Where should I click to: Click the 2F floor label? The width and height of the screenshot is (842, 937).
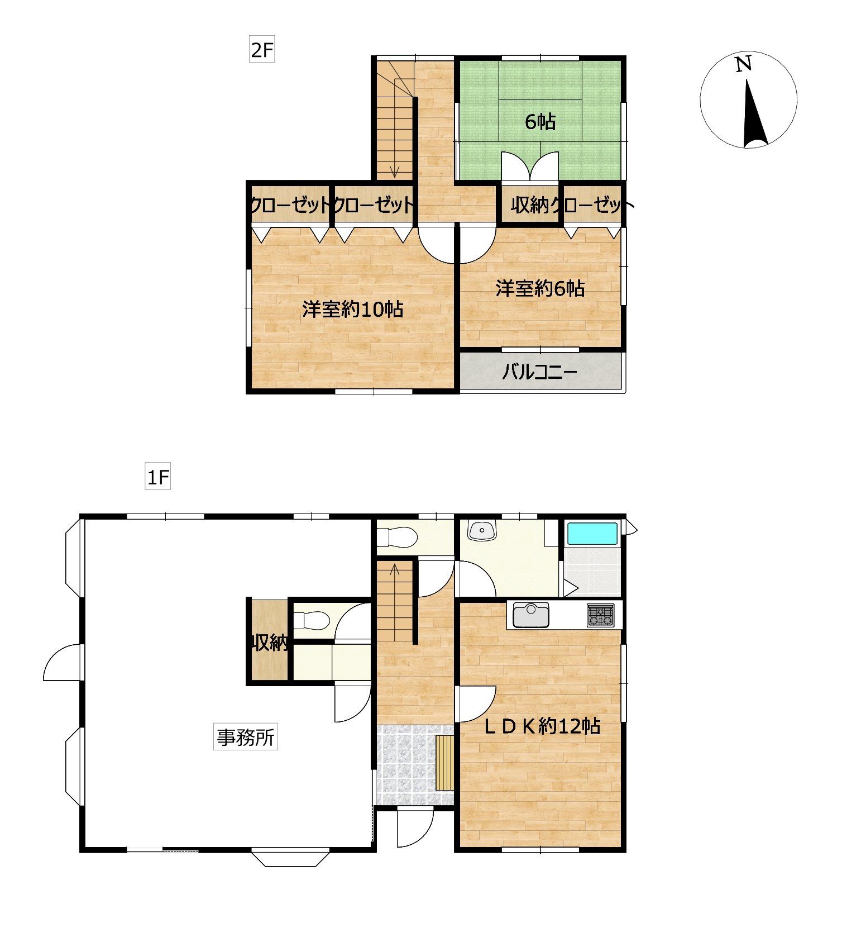261,50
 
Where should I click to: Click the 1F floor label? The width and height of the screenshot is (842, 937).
157,478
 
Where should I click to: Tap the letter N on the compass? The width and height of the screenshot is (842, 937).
743,64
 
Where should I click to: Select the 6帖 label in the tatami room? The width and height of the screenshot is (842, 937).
540,121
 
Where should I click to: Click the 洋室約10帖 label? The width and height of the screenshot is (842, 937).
353,309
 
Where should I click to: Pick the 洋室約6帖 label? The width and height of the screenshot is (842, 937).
540,288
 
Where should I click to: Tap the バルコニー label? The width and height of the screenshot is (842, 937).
539,372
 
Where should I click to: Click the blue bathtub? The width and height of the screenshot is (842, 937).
592,534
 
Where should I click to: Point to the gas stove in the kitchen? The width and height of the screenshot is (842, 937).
600,615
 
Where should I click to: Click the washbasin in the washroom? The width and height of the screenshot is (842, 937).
482,530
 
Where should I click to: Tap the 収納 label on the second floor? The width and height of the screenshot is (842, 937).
530,206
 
